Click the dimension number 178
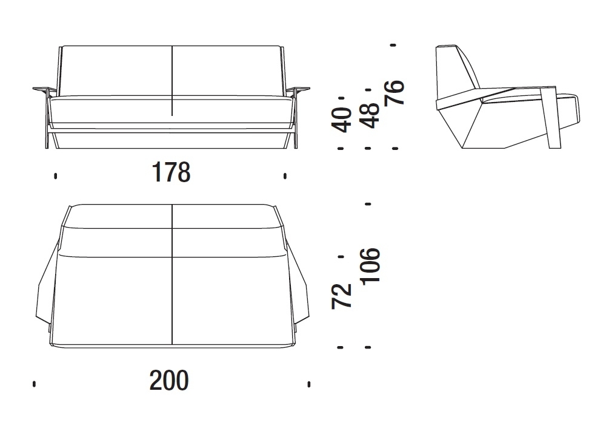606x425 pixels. (171, 172)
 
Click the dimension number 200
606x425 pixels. (169, 380)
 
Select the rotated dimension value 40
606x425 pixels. (342, 120)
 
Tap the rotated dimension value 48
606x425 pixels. (369, 115)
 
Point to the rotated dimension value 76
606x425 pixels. (395, 92)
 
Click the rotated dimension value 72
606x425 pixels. (342, 296)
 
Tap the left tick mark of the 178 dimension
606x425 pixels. (56, 176)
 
